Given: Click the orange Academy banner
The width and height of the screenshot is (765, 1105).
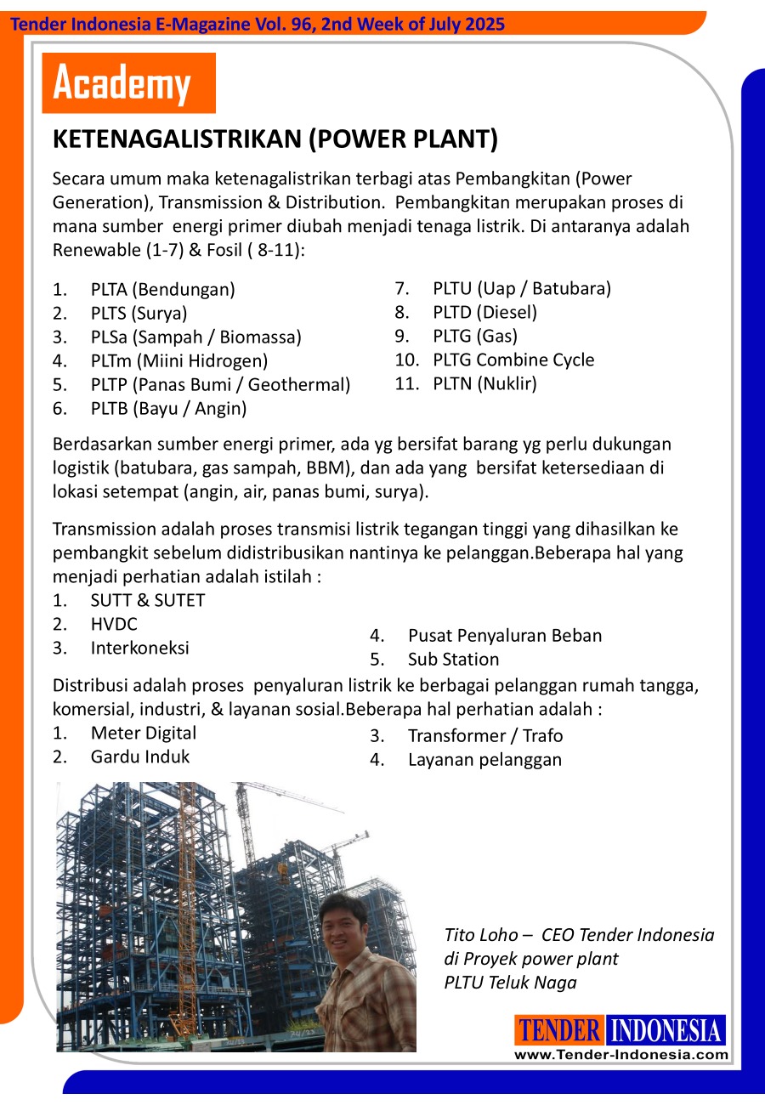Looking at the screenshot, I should point(128,83).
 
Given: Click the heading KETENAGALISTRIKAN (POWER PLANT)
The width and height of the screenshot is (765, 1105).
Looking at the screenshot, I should point(275,140).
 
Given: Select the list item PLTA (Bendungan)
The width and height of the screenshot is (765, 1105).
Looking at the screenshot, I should point(162,289).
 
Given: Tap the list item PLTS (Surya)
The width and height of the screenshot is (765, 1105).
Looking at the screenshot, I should point(139,313).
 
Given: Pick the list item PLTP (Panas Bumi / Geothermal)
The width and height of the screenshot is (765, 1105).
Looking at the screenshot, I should point(220,384).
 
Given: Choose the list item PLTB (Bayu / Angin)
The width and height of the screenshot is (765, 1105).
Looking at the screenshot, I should point(168,408).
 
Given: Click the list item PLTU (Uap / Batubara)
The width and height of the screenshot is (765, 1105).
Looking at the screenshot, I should point(521,288).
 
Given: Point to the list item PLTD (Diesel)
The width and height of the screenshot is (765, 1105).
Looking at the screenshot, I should point(484,312).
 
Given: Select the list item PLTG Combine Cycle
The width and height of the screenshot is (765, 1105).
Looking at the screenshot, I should point(513,360).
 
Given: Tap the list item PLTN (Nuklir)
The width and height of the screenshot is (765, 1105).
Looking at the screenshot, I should point(484,383).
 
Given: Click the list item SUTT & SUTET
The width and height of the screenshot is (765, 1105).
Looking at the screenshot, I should point(147,600).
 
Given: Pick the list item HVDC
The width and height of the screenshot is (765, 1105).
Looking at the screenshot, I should point(114,624).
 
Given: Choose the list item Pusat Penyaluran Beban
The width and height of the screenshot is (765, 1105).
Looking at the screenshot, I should point(504,635).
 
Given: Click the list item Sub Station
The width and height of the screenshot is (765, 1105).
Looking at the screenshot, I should point(453,659).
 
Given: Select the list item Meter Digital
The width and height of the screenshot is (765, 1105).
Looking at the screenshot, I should point(143,733).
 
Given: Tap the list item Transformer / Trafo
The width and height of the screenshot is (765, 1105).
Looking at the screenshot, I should point(484,735).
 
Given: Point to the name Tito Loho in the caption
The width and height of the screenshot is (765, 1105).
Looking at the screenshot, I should point(480,935).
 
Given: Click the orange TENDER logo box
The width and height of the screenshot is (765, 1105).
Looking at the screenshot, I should point(559,1030).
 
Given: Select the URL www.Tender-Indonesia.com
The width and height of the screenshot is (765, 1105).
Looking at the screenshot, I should point(620,1055).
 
